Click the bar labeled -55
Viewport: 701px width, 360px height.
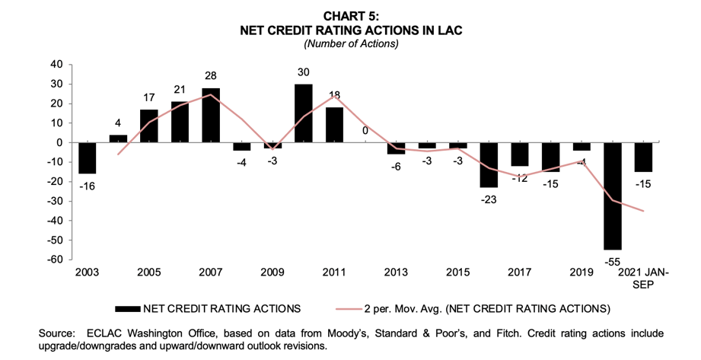point(613,196)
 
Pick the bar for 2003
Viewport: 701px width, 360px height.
point(87,158)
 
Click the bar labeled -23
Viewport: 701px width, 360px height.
point(488,164)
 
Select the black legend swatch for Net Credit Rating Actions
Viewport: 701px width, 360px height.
point(140,308)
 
